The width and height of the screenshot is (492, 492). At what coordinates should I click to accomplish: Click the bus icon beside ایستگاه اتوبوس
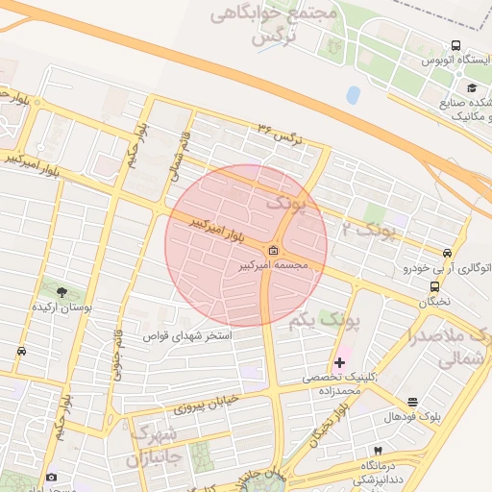coord(455,44)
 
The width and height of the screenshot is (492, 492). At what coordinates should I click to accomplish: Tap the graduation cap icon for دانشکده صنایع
coord(471,88)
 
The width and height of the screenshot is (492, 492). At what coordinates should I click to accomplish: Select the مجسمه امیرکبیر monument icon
coord(275,252)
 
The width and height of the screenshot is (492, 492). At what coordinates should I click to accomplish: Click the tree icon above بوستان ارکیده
coord(62,292)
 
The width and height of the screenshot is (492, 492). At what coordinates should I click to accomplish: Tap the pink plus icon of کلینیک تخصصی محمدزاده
coord(339,362)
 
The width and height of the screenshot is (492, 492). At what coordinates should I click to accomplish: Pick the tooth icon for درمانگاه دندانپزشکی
coord(378,451)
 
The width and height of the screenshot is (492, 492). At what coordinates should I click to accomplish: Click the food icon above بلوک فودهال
coord(413,402)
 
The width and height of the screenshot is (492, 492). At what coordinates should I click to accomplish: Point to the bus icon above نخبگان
coord(435,285)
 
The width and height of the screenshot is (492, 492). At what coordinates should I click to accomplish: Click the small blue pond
coord(353,94)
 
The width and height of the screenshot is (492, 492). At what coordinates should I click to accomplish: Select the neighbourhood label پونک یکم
coord(314,321)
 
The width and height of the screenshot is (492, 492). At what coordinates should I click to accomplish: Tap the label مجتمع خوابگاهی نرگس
coord(288,27)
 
